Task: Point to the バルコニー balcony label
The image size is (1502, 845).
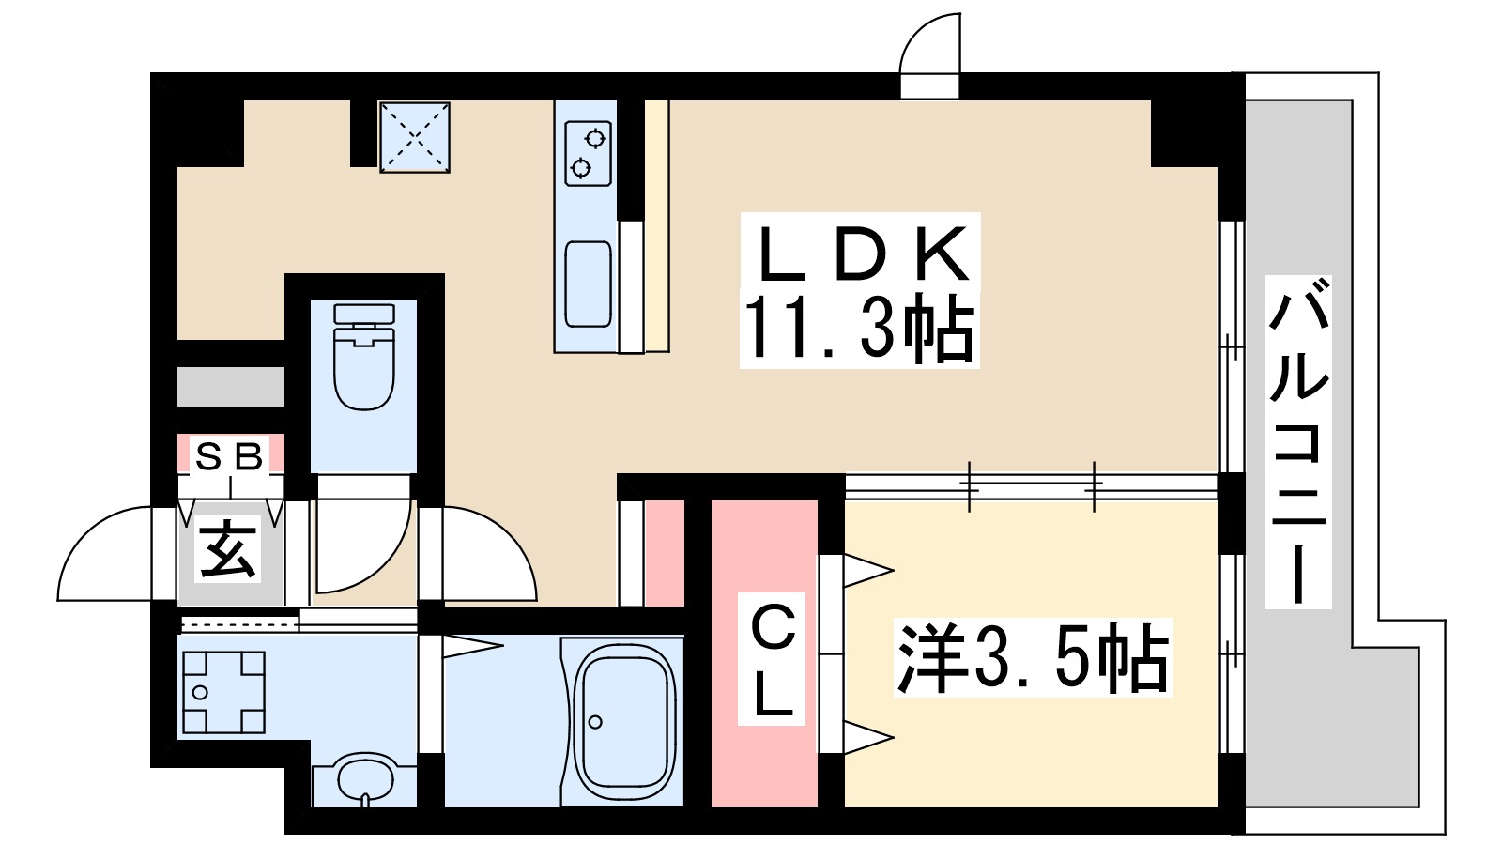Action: pos(1298,441)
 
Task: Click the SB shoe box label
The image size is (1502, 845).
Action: pos(229,457)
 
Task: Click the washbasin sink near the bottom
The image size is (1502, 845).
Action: pos(364,777)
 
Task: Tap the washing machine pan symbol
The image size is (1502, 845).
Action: pos(223,692)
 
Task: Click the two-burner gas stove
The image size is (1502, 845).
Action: pos(589,153)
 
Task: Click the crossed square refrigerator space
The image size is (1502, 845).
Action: pos(414,137)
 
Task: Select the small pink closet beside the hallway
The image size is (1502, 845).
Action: pos(664,554)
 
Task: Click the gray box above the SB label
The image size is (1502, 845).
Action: pos(230,387)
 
